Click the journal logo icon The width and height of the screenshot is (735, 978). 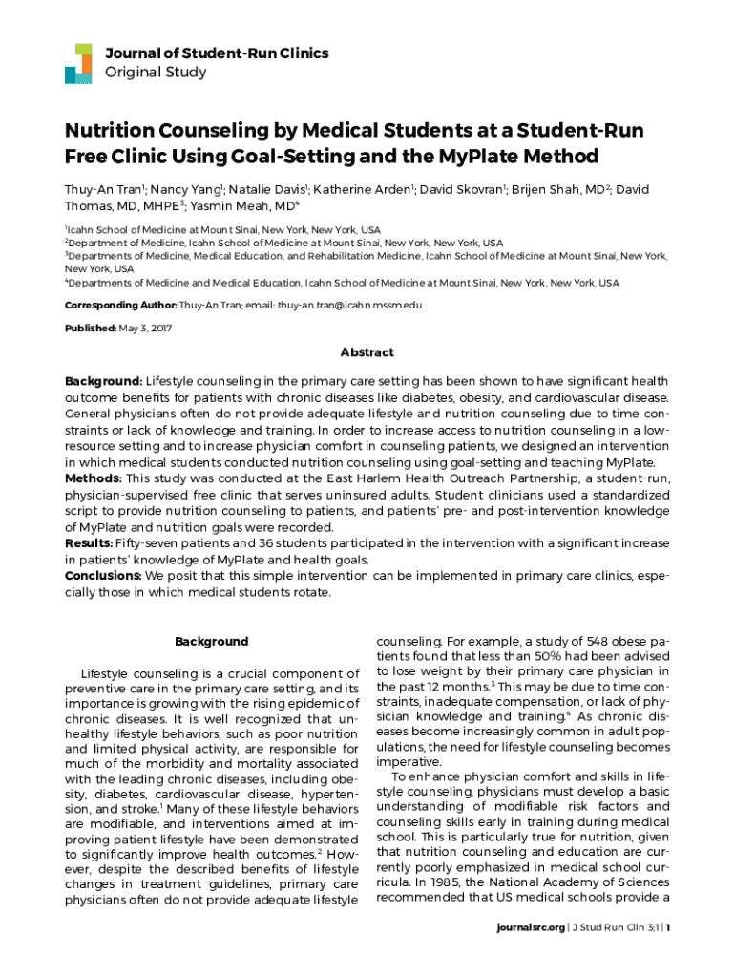tap(78, 63)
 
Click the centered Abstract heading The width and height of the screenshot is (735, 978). tap(367, 352)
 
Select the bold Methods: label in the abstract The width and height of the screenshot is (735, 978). tap(94, 478)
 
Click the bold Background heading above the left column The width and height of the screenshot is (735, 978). tap(212, 642)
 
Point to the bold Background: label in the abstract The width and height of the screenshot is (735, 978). tap(104, 381)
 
